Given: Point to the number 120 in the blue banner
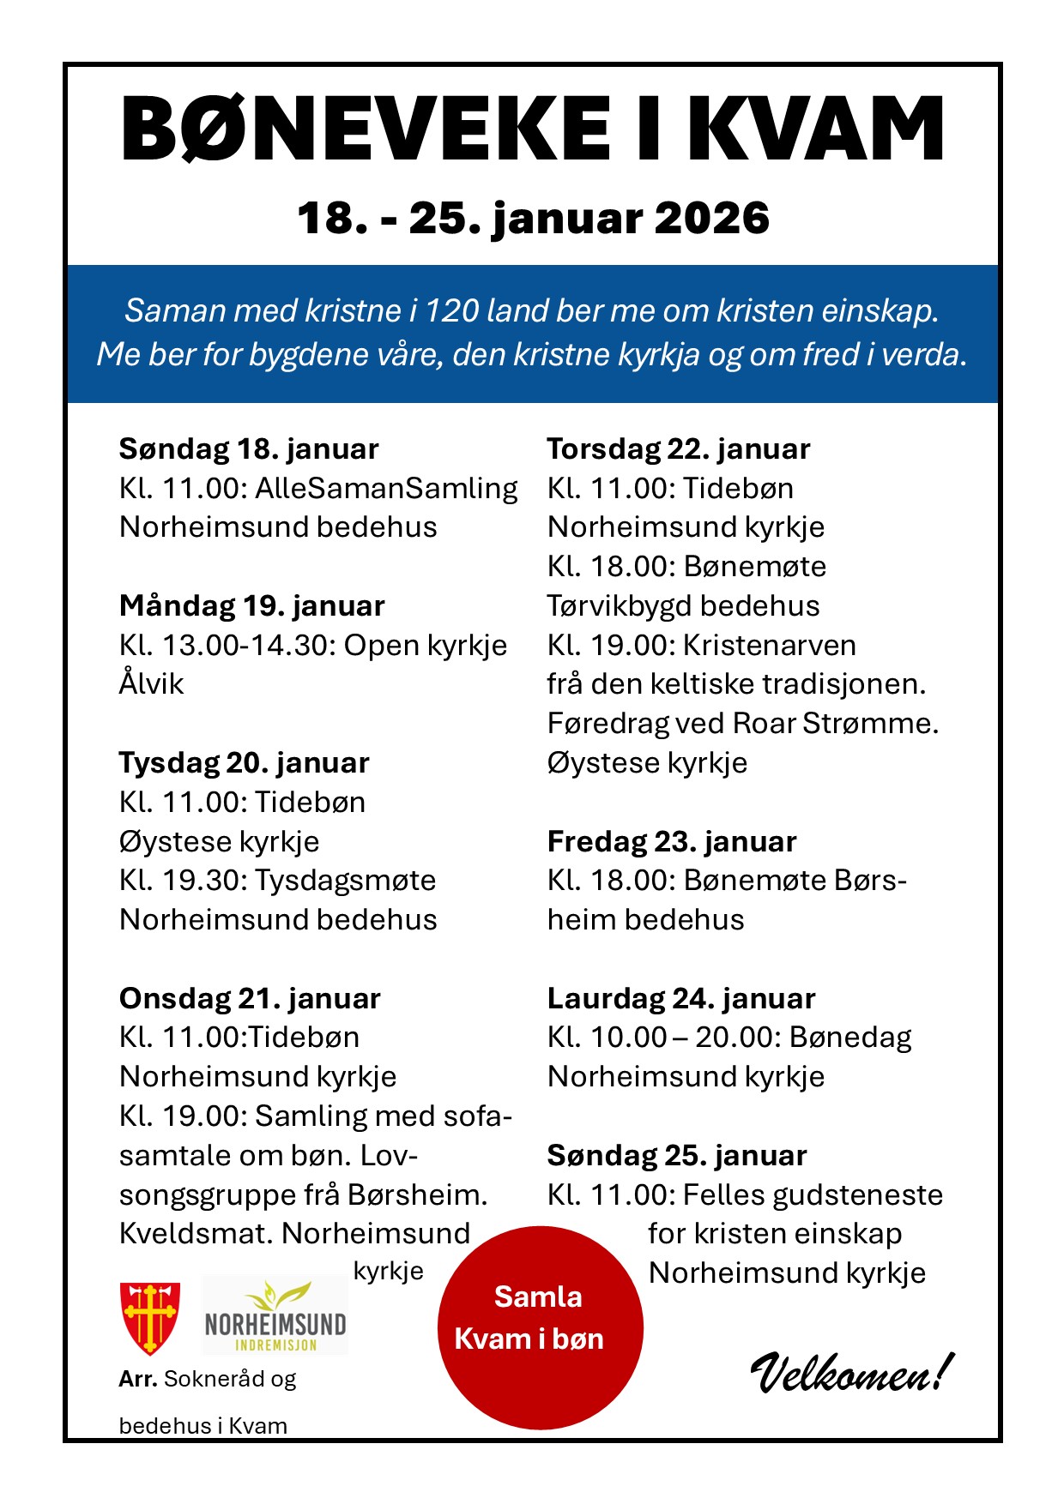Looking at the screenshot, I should pyautogui.click(x=451, y=310).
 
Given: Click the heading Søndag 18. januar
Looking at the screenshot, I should pyautogui.click(x=249, y=448).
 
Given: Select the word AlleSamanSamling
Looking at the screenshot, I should pyautogui.click(x=386, y=488).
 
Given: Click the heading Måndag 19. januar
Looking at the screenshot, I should pyautogui.click(x=251, y=605).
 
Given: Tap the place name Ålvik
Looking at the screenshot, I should pyautogui.click(x=152, y=683).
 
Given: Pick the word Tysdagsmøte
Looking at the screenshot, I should pyautogui.click(x=346, y=880).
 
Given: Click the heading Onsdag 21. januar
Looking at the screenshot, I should pyautogui.click(x=250, y=998).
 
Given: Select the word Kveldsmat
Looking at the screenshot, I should pyautogui.click(x=196, y=1233).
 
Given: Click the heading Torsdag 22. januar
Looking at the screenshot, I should pyautogui.click(x=679, y=448).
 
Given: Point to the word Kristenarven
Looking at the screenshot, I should pyautogui.click(x=770, y=645).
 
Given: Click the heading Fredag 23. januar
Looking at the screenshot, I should pyautogui.click(x=672, y=841).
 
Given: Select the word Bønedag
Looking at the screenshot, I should pyautogui.click(x=850, y=1037).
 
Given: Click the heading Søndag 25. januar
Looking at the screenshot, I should pyautogui.click(x=677, y=1155).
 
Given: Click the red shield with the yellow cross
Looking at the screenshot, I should pyautogui.click(x=150, y=1317).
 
